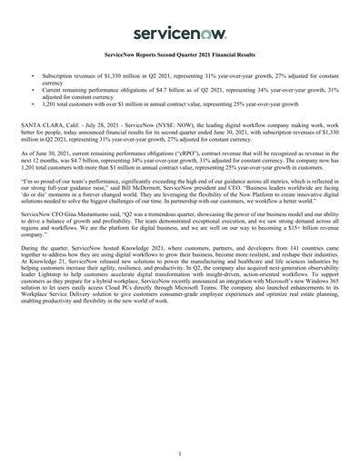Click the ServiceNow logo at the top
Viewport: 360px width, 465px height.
[179, 33]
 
